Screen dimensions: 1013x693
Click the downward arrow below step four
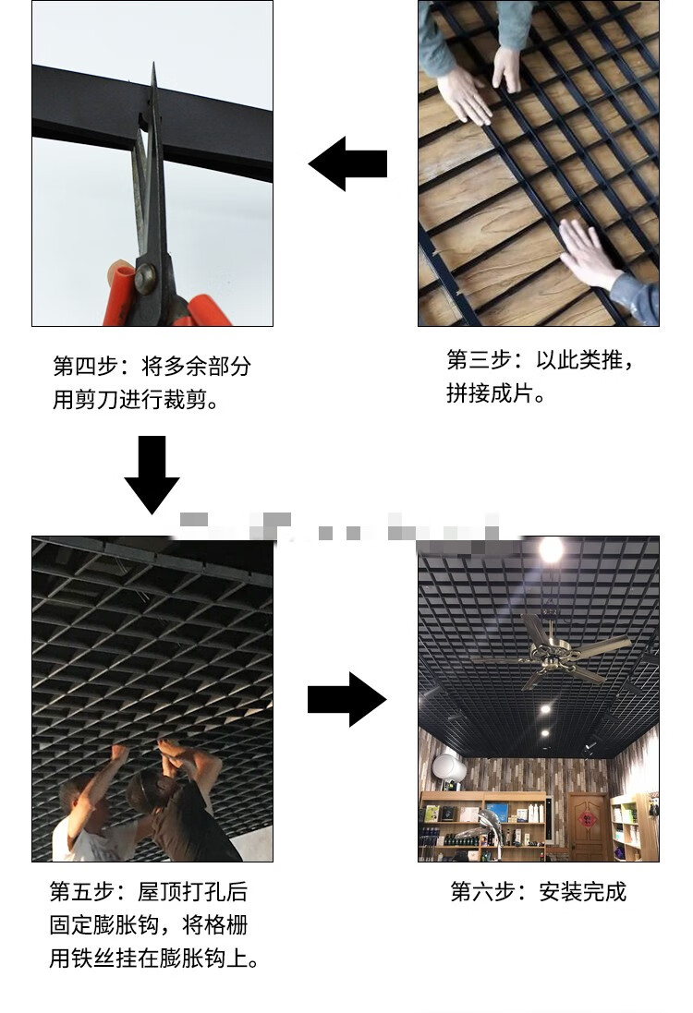tap(152, 474)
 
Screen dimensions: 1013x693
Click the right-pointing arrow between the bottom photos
tap(346, 699)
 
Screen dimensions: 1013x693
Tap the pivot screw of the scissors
tap(146, 276)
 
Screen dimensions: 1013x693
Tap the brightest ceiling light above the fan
tap(551, 549)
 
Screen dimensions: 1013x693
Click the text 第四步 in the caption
tap(84, 366)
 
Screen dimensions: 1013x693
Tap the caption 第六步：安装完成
tap(538, 892)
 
